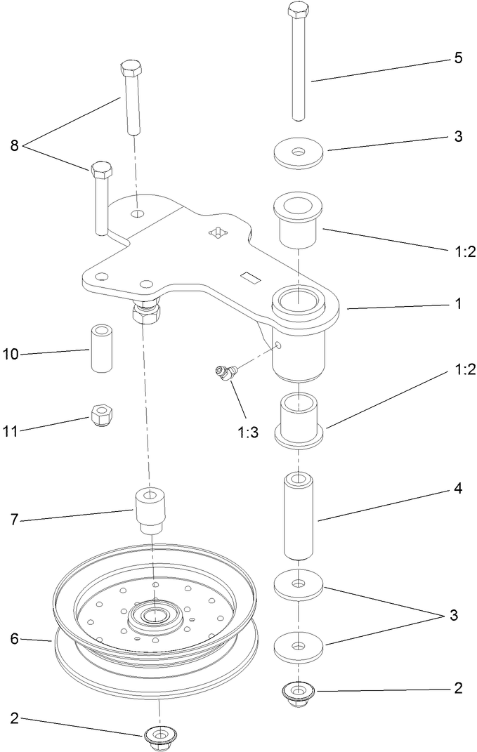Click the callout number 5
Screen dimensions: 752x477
tap(457, 58)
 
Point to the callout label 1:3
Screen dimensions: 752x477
tap(247, 432)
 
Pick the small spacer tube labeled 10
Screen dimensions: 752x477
tap(99, 350)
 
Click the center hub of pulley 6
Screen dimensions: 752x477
tap(152, 615)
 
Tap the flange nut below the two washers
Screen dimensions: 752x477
tap(299, 694)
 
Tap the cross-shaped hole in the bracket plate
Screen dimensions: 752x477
tap(219, 232)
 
